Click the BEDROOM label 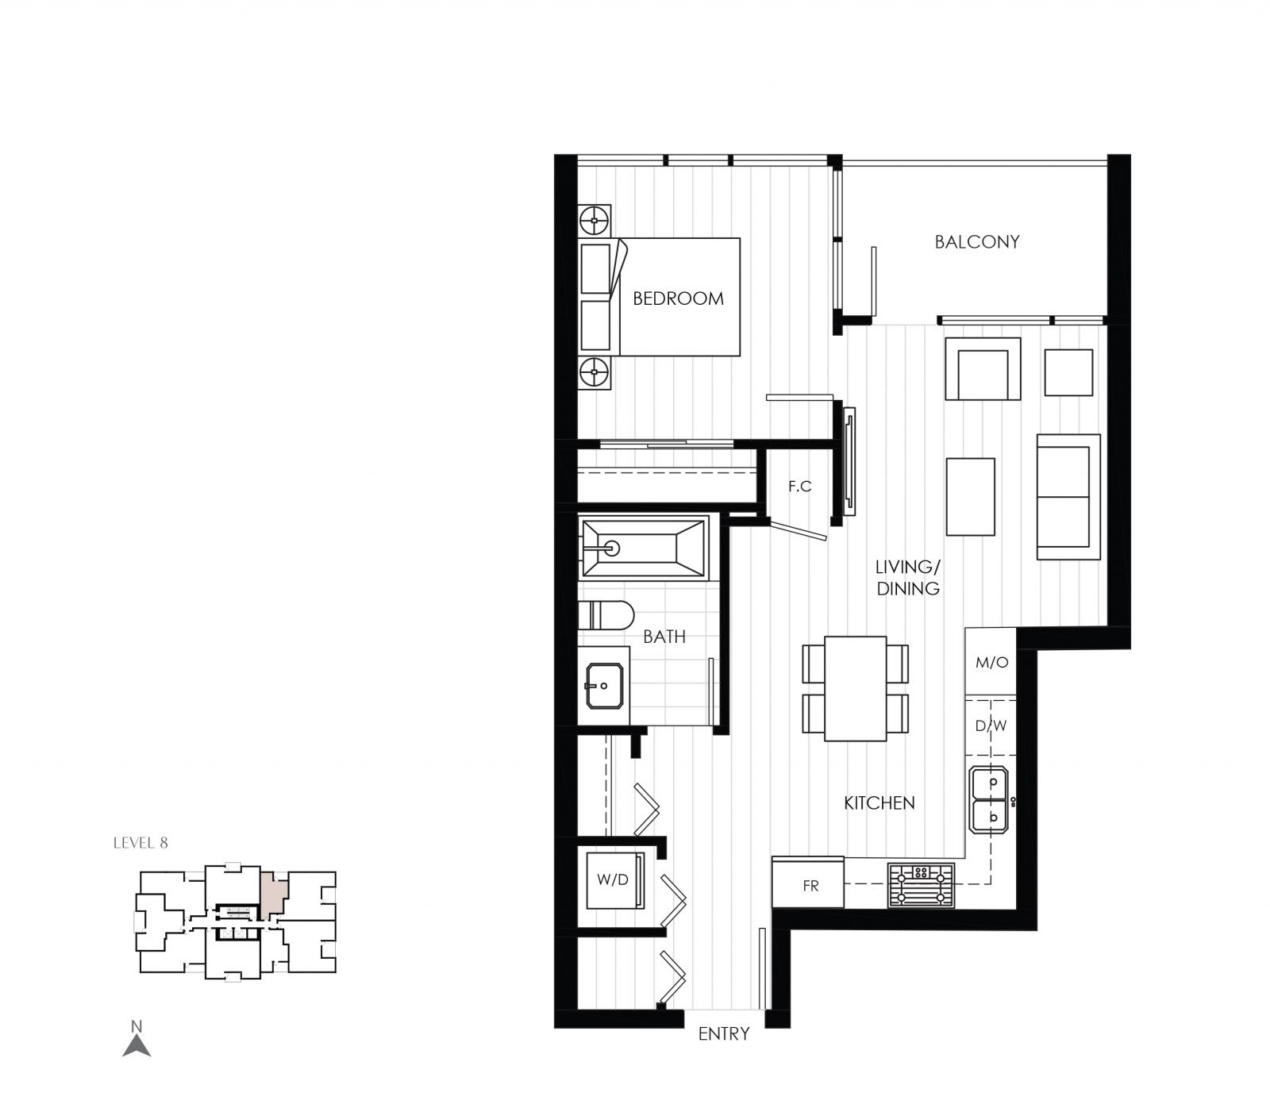click(678, 298)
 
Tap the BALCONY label click(976, 242)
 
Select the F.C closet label click(799, 486)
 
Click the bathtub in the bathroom click(643, 548)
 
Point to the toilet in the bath click(606, 616)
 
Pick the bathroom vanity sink click(602, 684)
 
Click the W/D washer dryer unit click(613, 879)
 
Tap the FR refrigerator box click(809, 886)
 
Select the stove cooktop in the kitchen click(921, 886)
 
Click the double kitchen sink click(988, 799)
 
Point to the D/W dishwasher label click(991, 725)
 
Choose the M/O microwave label click(991, 662)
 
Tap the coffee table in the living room click(970, 497)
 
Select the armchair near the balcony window click(983, 369)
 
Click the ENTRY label click(723, 1033)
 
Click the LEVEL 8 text click(140, 843)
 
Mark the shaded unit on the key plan click(272, 893)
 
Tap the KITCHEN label click(879, 803)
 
